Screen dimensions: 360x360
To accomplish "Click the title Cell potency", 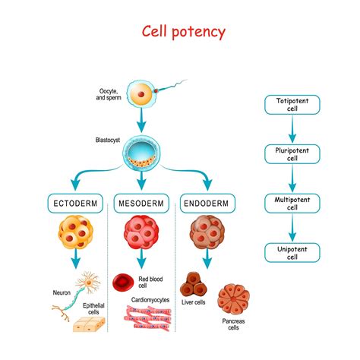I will [185, 33].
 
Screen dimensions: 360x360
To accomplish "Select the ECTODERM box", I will [75, 204].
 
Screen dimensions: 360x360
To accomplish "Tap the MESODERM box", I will [142, 204].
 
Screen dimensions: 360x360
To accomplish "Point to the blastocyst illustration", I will [142, 153].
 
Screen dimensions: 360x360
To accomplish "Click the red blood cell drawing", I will [123, 283].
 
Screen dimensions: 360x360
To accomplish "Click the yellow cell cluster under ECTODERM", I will [75, 234].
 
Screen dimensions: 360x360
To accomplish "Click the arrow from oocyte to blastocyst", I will [142, 121].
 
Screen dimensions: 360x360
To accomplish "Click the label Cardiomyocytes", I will [151, 300].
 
